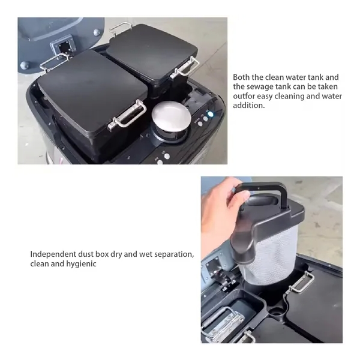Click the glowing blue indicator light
coord(210,114)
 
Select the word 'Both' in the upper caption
coord(241,77)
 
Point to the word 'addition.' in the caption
coord(249,106)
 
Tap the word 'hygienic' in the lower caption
coord(81,264)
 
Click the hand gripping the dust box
coord(220,211)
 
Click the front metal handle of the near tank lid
coord(127,115)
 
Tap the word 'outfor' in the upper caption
coord(243,96)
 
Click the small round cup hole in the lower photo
coord(277,313)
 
